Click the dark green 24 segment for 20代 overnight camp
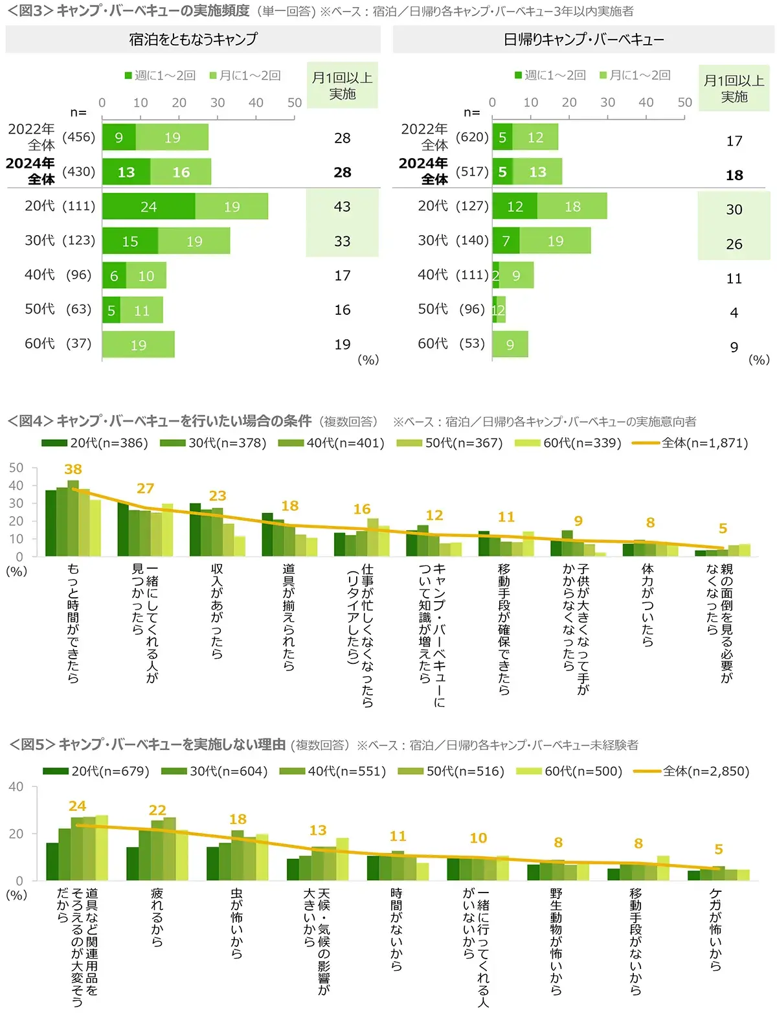pos(148,207)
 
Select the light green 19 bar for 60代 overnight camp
pos(139,345)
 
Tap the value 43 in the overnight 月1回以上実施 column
pos(342,207)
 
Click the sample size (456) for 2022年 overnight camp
pos(79,137)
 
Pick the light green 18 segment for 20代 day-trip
pos(572,207)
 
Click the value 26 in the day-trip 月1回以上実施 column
pos(734,244)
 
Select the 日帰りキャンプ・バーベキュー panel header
pos(583,40)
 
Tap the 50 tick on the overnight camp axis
pos(295,102)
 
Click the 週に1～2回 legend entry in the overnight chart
pos(160,75)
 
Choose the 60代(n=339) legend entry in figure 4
pos(569,443)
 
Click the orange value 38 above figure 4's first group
pos(73,469)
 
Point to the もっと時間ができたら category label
pos(73,622)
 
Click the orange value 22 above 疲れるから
pos(157,810)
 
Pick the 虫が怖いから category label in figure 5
pos(237,923)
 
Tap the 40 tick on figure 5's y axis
pos(16,787)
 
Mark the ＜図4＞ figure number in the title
pos(30,421)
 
